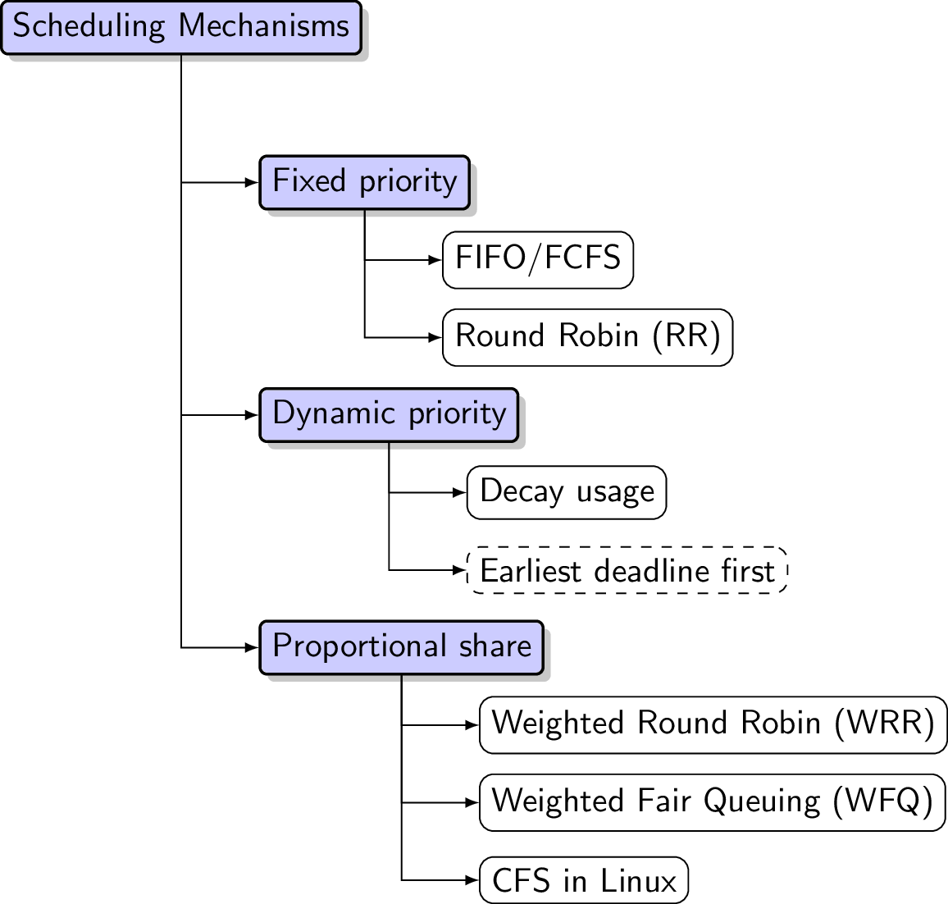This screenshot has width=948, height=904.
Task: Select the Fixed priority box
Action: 364,182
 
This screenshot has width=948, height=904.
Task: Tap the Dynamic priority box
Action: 389,415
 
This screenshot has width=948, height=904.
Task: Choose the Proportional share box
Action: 401,647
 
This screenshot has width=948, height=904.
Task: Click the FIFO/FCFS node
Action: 538,260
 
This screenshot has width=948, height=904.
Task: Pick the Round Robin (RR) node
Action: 587,337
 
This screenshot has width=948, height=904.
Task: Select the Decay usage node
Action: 567,492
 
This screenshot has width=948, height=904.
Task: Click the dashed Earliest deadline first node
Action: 627,570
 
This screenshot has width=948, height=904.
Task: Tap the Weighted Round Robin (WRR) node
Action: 713,724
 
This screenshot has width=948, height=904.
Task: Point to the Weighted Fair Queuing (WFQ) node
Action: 712,802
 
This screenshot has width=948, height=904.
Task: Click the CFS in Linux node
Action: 583,880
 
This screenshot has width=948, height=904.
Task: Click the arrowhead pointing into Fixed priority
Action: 253,182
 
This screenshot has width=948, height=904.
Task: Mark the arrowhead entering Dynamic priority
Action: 253,415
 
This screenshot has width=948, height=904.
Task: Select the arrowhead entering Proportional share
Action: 253,647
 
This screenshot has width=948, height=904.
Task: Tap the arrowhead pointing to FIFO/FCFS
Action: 435,260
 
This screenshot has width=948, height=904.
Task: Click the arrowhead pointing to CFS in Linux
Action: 472,880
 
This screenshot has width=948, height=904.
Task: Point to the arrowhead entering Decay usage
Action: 460,492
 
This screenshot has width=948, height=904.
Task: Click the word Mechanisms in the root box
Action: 264,27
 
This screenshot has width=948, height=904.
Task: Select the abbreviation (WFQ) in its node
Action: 882,802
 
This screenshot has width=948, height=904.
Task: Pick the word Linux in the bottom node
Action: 638,881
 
